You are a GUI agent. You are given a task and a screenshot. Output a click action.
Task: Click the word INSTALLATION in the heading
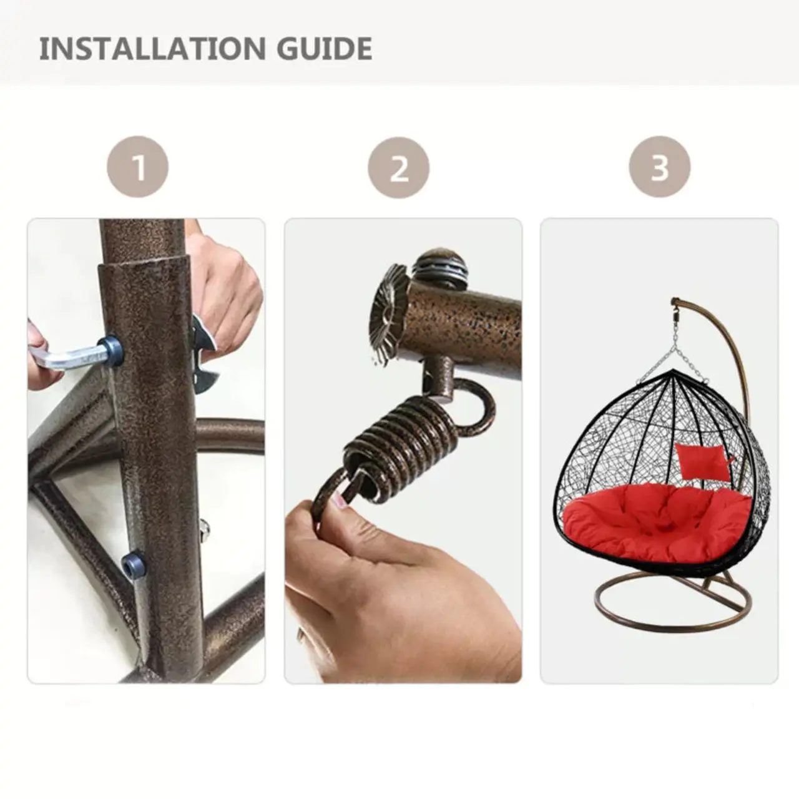click(152, 49)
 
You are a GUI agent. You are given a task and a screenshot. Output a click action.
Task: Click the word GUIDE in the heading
click(324, 49)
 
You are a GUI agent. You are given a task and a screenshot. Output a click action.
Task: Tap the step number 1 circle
click(138, 167)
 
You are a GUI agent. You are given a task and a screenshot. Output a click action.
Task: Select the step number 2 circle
click(398, 167)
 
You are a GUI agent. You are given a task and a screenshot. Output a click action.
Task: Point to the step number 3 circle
click(660, 167)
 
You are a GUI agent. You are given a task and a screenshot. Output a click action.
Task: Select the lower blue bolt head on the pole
click(133, 564)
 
